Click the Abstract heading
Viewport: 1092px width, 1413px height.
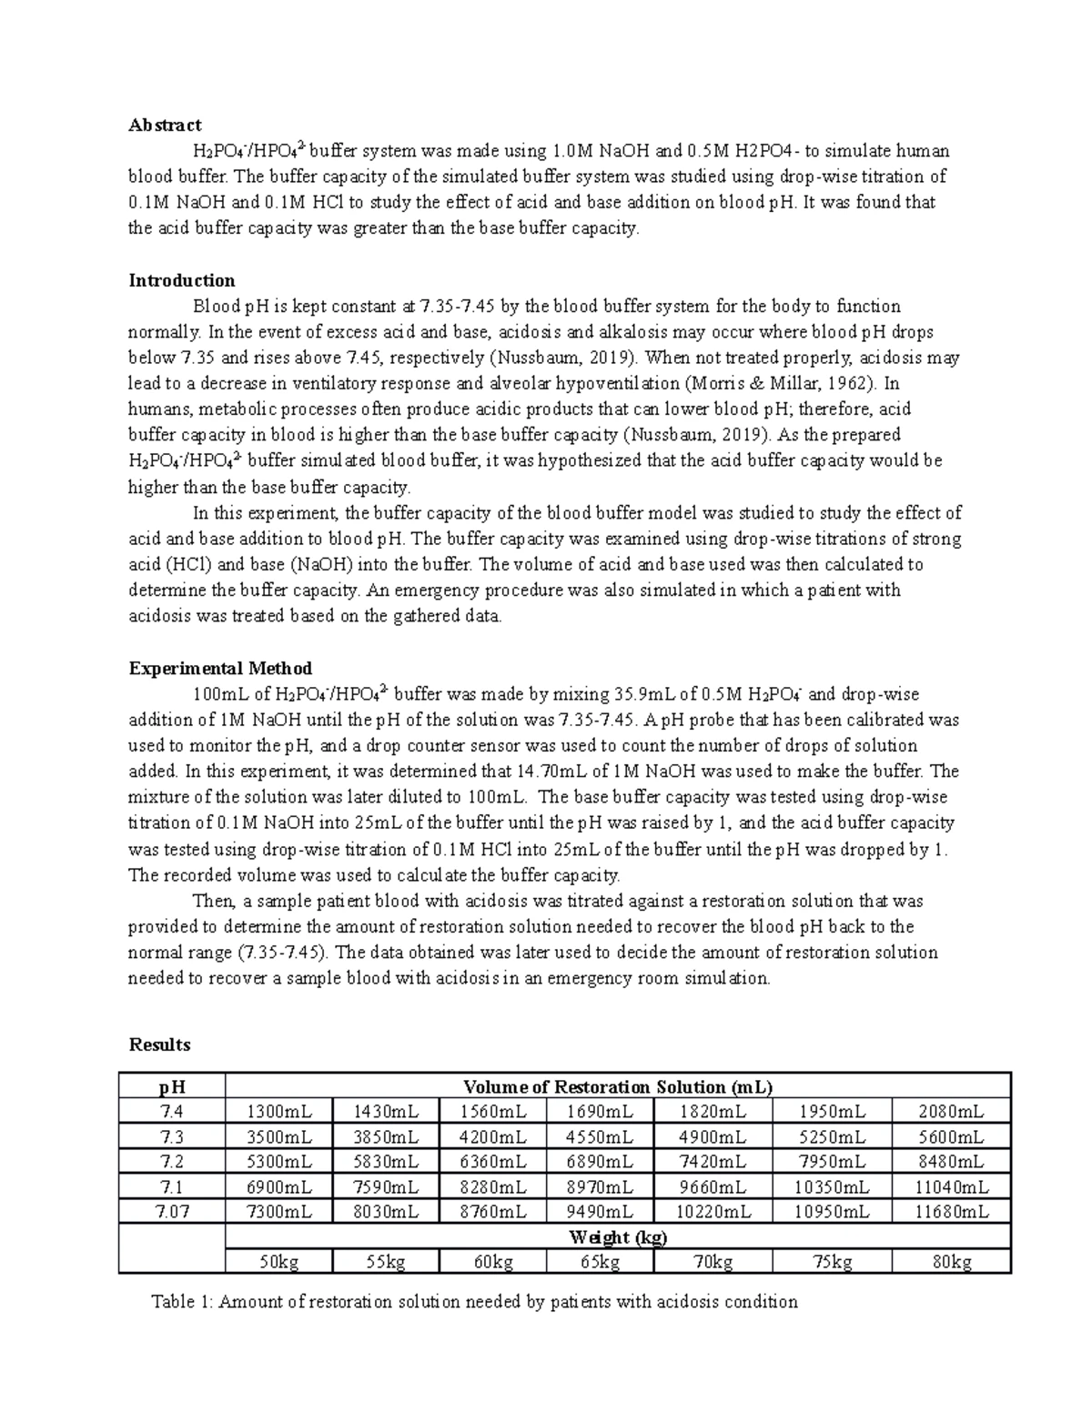(165, 125)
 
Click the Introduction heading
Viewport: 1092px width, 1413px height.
(182, 280)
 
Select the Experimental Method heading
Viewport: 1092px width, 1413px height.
(220, 669)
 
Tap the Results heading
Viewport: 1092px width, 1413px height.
(159, 1045)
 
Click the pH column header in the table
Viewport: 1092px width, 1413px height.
(171, 1086)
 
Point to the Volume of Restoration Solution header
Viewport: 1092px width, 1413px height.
(618, 1086)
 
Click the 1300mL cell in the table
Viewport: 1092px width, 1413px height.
(278, 1112)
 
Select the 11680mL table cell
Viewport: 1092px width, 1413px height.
(951, 1212)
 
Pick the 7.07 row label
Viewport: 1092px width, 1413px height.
(171, 1212)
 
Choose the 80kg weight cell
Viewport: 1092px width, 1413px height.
(951, 1262)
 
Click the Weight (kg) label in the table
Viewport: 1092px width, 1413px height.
(618, 1237)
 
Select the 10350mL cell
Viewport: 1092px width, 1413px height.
(832, 1187)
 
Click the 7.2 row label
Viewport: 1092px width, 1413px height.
(171, 1162)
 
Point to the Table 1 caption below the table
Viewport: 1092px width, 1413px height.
(473, 1301)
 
